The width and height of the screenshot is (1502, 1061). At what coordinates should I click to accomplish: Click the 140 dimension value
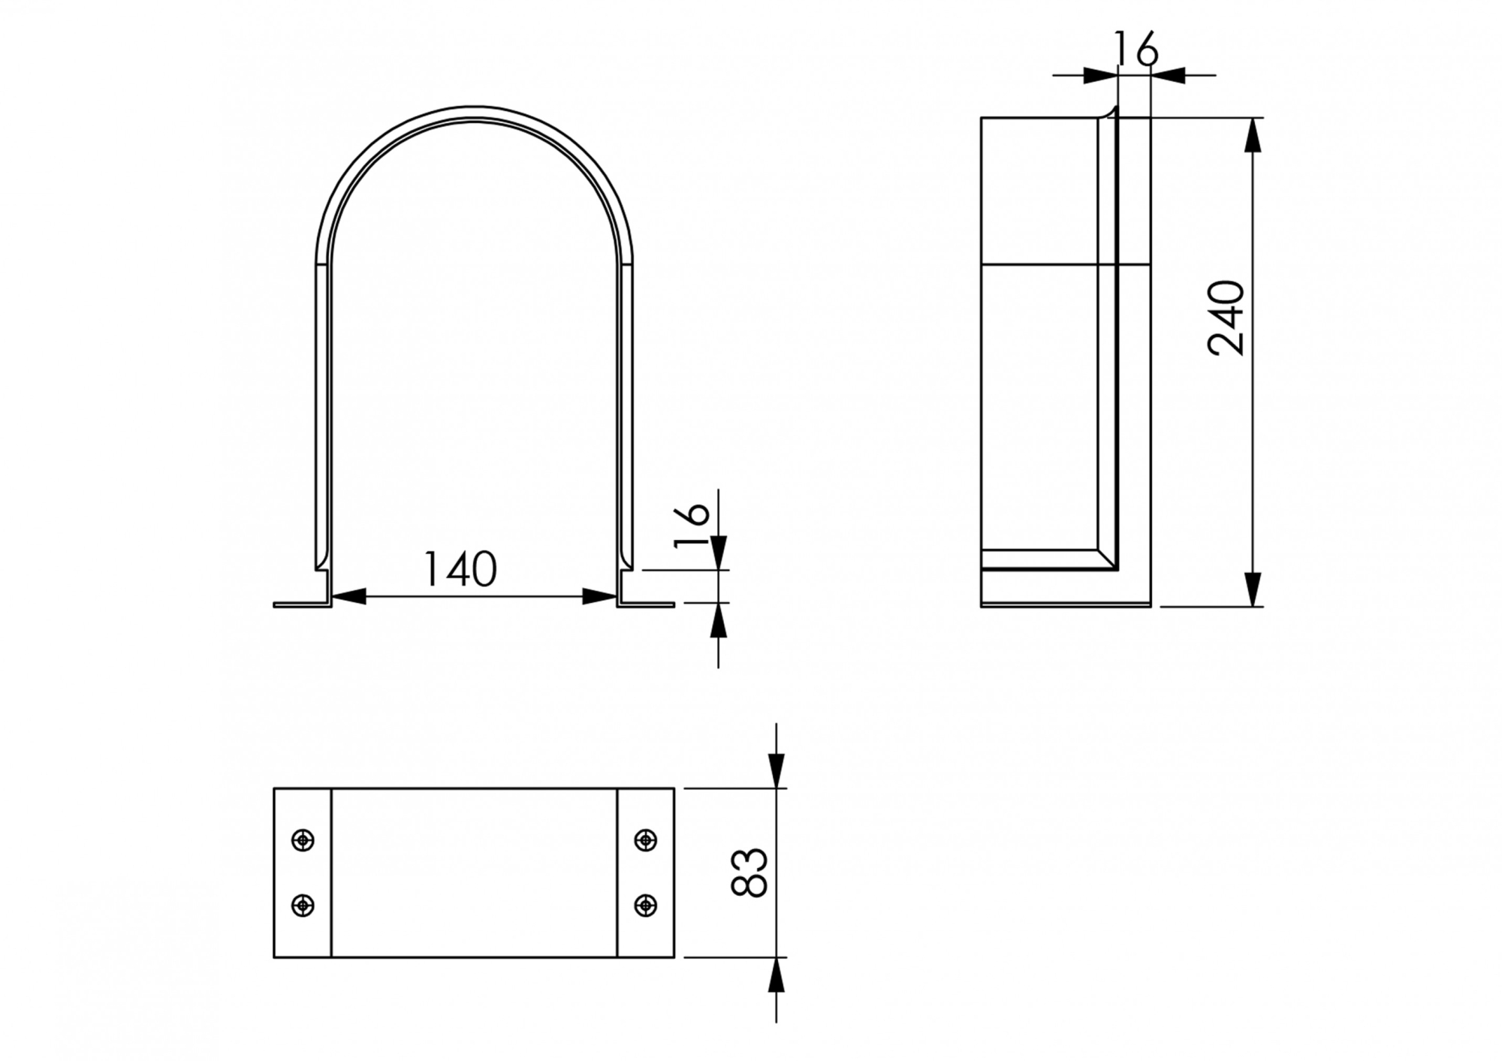click(460, 569)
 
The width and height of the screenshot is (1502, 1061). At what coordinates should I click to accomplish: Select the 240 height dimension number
click(1226, 317)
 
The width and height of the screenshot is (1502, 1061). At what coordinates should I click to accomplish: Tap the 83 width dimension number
click(749, 873)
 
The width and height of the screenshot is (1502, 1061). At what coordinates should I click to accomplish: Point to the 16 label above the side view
click(1136, 49)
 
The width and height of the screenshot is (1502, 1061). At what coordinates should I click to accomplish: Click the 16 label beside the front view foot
click(692, 526)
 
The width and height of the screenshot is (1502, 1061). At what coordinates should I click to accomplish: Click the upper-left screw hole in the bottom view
click(303, 839)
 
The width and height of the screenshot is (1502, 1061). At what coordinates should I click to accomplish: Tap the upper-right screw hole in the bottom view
click(646, 839)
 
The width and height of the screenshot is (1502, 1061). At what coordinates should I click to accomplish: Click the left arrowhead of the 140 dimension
click(348, 597)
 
